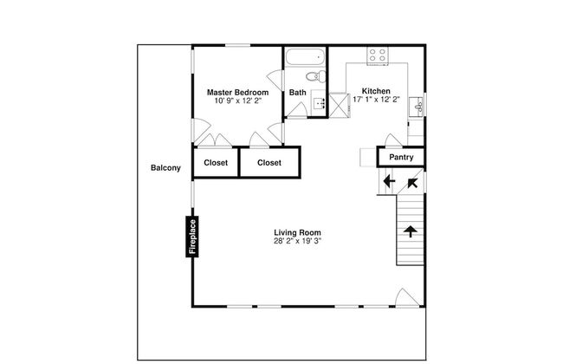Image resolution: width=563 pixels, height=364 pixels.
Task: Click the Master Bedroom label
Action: pyautogui.click(x=237, y=93)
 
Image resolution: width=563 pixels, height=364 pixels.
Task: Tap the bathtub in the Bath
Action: pyautogui.click(x=305, y=56)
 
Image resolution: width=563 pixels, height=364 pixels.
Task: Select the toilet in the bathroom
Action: pyautogui.click(x=316, y=76)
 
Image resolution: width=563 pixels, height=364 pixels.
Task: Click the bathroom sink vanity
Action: pyautogui.click(x=319, y=103)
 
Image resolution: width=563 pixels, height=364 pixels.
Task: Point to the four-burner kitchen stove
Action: pyautogui.click(x=378, y=55)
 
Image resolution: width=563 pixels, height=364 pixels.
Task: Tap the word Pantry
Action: pyautogui.click(x=401, y=157)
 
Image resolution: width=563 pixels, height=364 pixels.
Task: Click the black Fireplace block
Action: pyautogui.click(x=192, y=237)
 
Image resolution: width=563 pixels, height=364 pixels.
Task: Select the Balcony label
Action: pyautogui.click(x=165, y=168)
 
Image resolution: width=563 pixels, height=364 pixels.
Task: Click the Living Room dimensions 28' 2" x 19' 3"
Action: pyautogui.click(x=297, y=241)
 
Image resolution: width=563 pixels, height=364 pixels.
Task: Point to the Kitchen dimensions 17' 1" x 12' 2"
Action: pyautogui.click(x=376, y=100)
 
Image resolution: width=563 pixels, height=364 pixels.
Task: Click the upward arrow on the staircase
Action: pyautogui.click(x=410, y=231)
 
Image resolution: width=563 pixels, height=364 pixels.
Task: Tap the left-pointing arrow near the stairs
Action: pyautogui.click(x=389, y=181)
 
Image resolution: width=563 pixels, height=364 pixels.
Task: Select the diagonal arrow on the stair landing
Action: pyautogui.click(x=412, y=183)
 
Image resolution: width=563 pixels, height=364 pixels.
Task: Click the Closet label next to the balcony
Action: pyautogui.click(x=216, y=163)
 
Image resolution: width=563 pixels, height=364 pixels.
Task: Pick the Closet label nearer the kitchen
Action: pyautogui.click(x=269, y=163)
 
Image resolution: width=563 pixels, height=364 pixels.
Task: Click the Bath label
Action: pyautogui.click(x=298, y=93)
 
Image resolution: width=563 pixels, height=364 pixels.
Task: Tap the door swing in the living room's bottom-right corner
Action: pyautogui.click(x=406, y=297)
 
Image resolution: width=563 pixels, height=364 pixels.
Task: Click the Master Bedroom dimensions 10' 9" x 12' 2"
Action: pyautogui.click(x=237, y=101)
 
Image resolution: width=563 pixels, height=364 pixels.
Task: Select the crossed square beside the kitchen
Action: pyautogui.click(x=340, y=105)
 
